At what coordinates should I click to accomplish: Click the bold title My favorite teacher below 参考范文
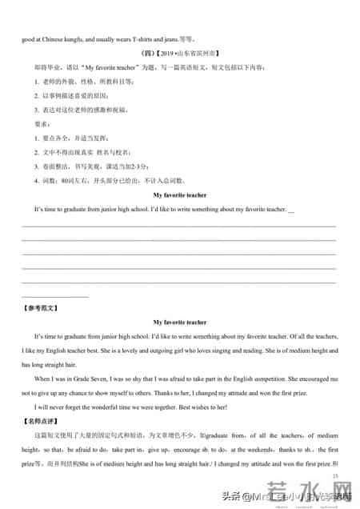pyautogui.click(x=180, y=322)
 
